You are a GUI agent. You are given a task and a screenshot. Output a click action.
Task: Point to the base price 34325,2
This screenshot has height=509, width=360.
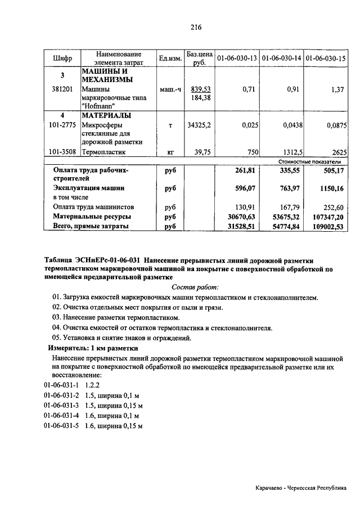[199, 125]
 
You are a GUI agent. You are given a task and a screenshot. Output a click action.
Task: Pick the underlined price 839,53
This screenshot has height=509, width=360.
[201, 89]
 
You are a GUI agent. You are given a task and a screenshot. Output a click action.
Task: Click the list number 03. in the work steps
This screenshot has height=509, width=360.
[56, 317]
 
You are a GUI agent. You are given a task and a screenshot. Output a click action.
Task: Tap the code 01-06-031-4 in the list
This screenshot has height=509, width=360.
[61, 415]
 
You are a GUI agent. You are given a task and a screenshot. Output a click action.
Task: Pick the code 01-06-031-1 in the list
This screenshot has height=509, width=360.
[61, 385]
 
